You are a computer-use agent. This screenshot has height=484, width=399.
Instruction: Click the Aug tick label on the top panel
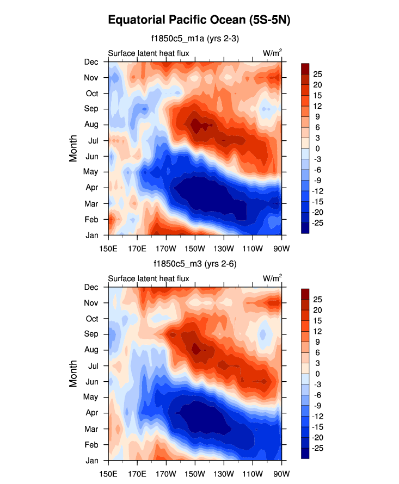[91, 125]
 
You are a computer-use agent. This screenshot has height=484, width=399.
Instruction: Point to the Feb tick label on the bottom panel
[91, 444]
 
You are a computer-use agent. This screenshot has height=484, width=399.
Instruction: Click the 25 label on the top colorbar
[318, 74]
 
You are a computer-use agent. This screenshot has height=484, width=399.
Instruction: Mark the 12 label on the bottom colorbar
[318, 331]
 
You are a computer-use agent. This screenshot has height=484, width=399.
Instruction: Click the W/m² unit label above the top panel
[272, 53]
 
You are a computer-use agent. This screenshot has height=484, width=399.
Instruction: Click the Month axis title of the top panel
[73, 148]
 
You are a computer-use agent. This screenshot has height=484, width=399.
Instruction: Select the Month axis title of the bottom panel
[73, 374]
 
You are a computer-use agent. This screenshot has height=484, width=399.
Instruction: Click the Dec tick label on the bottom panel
[91, 287]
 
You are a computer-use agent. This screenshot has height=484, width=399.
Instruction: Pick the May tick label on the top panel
[91, 172]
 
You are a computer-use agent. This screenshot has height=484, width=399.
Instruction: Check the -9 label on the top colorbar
[317, 181]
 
